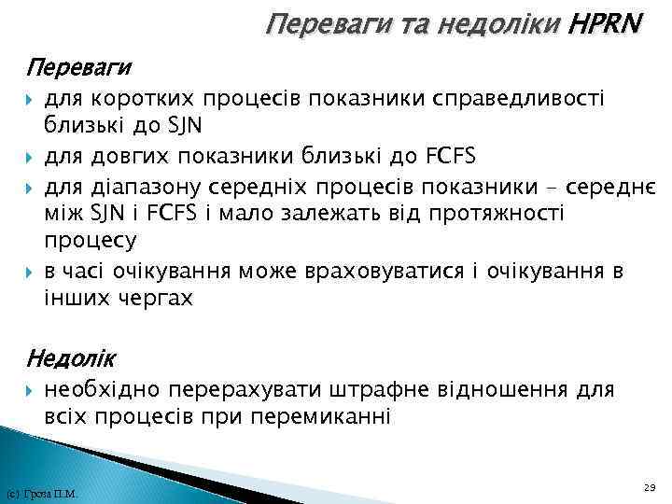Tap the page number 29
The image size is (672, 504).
click(650, 487)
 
